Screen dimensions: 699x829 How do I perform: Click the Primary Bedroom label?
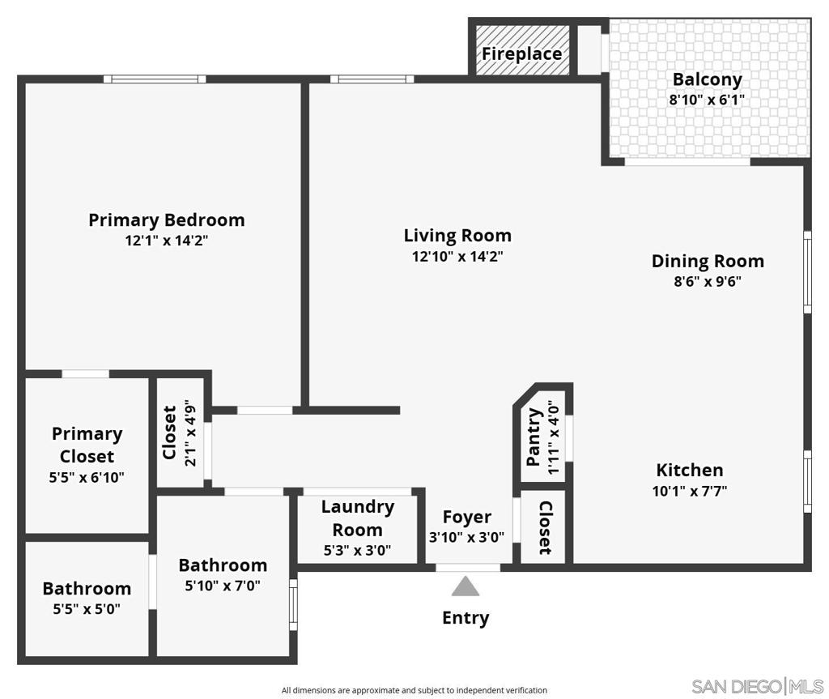click(166, 220)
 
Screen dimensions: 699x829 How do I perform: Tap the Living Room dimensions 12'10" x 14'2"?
click(457, 257)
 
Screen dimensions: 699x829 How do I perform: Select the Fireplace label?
click(521, 54)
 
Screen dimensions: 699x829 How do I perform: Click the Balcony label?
click(707, 79)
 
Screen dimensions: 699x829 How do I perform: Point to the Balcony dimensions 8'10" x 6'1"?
click(707, 100)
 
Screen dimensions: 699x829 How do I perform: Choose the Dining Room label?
click(708, 261)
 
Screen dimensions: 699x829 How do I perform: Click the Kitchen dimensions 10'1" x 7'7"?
click(690, 491)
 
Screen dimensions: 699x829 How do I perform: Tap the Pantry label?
click(534, 437)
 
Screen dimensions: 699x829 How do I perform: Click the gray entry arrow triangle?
click(465, 586)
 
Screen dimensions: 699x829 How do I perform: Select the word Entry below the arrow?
click(466, 618)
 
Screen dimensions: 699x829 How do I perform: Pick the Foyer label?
click(466, 517)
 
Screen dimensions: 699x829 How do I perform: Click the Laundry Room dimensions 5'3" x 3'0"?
click(357, 551)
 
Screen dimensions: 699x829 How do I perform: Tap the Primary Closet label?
click(87, 445)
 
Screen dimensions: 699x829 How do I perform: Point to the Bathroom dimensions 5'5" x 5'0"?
click(87, 610)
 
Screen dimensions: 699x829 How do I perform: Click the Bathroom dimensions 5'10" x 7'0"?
click(223, 586)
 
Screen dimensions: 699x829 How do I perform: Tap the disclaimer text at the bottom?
click(414, 691)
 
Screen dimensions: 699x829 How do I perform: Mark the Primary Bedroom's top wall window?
click(154, 79)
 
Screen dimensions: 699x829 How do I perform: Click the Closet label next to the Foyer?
click(545, 528)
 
